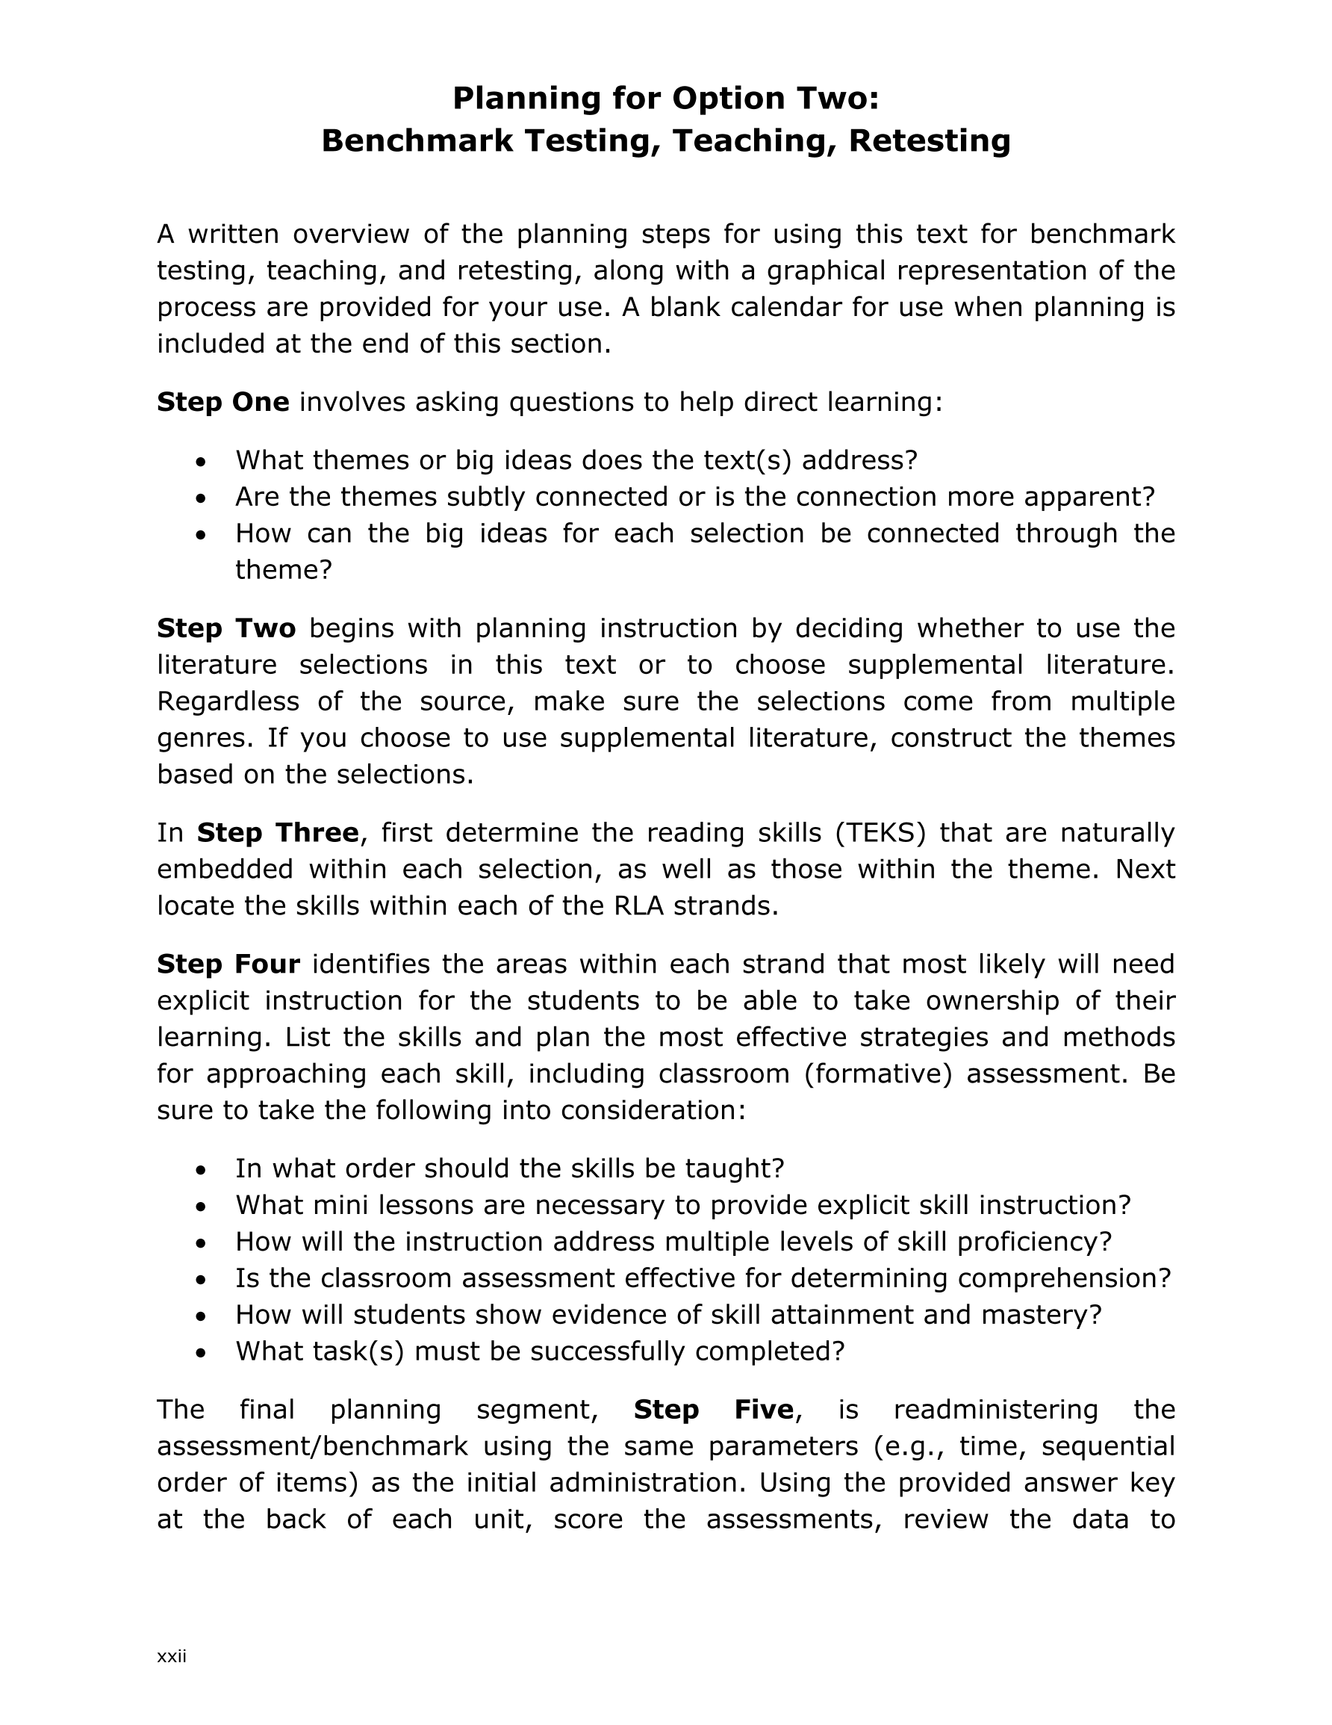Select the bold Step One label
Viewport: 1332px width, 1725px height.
tap(222, 402)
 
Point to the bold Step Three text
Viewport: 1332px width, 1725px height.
tap(277, 832)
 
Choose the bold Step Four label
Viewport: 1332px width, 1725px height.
tap(228, 964)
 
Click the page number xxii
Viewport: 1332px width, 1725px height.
tap(171, 1656)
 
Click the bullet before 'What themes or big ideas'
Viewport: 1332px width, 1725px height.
tap(202, 460)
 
